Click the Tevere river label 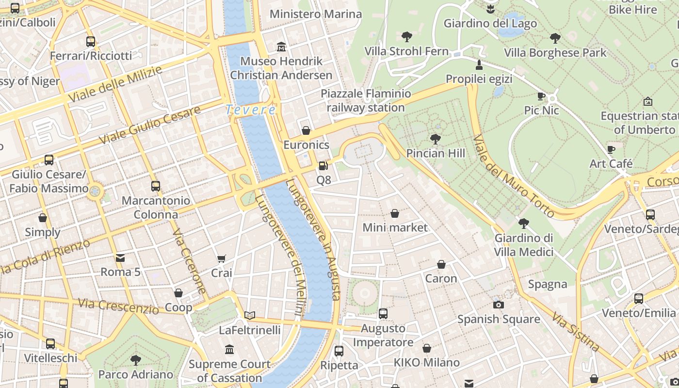click(251, 110)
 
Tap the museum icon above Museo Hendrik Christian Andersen click(281, 47)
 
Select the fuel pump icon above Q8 click(323, 166)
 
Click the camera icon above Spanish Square click(498, 305)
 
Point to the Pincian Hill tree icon click(436, 139)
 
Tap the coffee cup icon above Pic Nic click(541, 97)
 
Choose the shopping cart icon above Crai click(222, 259)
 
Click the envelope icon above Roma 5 click(120, 258)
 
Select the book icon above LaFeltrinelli click(250, 316)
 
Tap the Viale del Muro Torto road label click(514, 177)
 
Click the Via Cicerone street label click(189, 262)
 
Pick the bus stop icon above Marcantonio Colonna click(156, 186)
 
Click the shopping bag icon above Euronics click(306, 130)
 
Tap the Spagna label click(548, 284)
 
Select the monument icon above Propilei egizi click(479, 65)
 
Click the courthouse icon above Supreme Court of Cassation click(229, 350)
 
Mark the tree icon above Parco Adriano click(136, 360)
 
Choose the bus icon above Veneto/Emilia click(639, 299)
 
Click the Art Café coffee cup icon click(611, 149)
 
